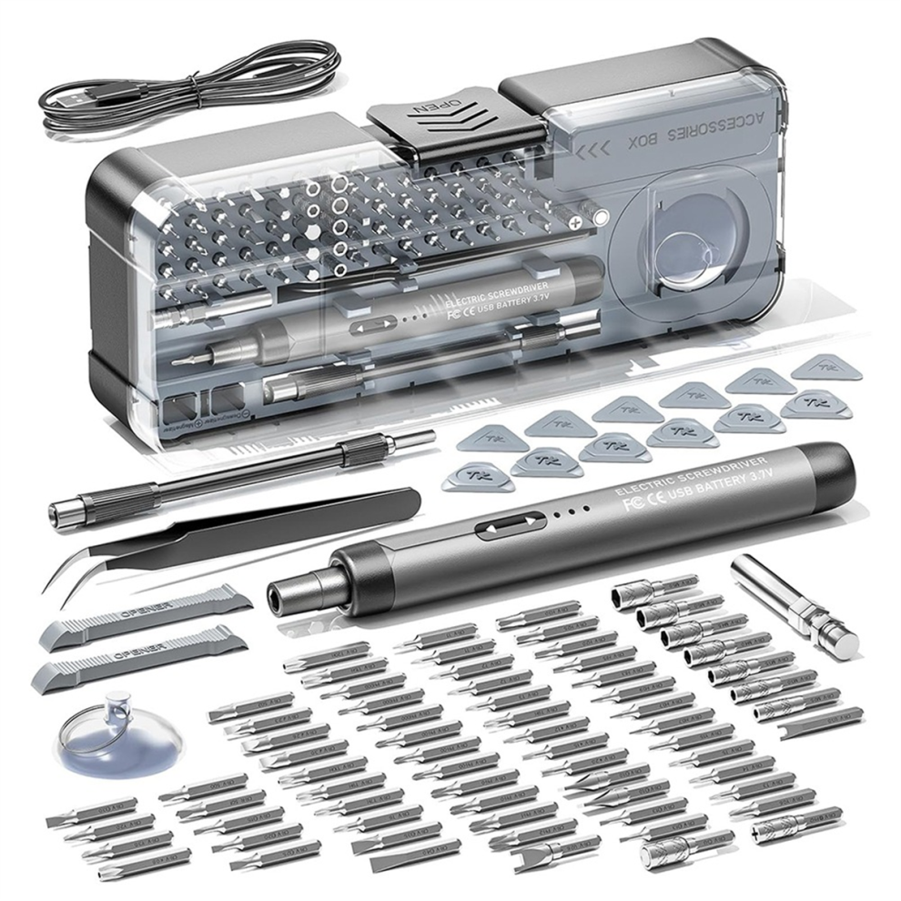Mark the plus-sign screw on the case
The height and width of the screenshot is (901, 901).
tap(575, 220)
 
